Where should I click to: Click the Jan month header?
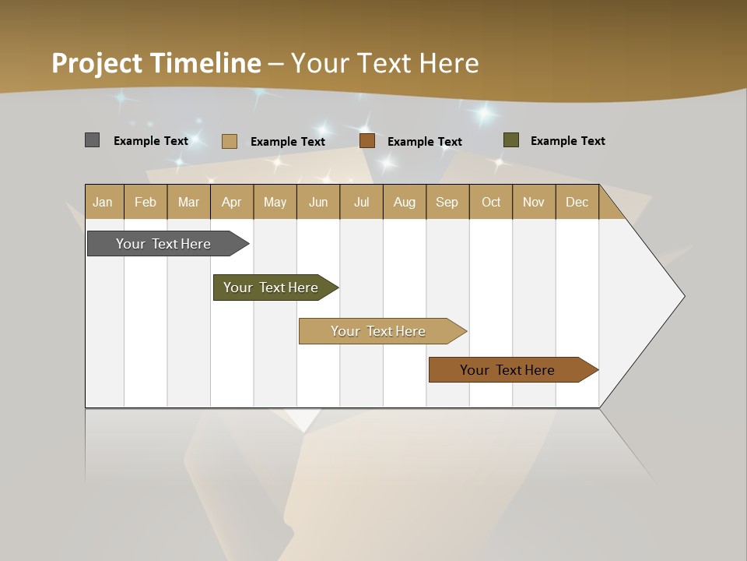[x=103, y=202]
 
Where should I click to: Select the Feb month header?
[x=146, y=202]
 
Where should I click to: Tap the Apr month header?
[x=232, y=202]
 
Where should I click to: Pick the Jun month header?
[x=318, y=202]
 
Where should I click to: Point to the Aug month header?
[x=405, y=202]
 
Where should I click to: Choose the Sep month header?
[x=447, y=202]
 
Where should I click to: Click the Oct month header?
[x=491, y=202]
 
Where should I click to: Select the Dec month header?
[x=577, y=202]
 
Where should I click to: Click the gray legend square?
[x=92, y=140]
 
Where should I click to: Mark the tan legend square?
[x=229, y=141]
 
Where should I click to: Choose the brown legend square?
[x=367, y=140]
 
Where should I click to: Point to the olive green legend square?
[x=510, y=140]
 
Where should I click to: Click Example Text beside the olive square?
[x=567, y=141]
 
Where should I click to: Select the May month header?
[x=275, y=202]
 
